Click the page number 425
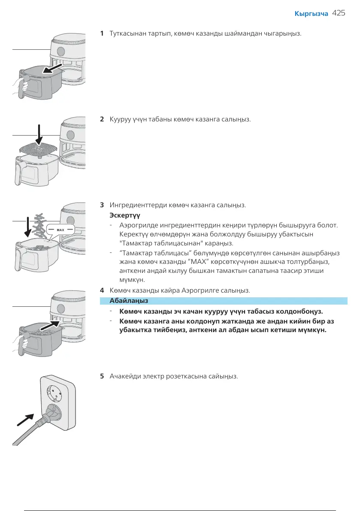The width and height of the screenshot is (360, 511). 339,13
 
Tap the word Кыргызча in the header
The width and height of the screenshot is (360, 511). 311,14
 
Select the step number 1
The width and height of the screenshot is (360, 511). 102,33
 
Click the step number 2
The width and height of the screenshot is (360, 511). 102,119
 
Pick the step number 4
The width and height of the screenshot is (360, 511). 102,290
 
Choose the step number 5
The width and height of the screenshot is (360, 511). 102,376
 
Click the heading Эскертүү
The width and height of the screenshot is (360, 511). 125,215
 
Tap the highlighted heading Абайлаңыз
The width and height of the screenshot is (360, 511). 129,301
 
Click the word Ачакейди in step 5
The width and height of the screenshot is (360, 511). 125,376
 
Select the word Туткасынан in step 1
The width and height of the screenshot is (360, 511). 126,33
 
